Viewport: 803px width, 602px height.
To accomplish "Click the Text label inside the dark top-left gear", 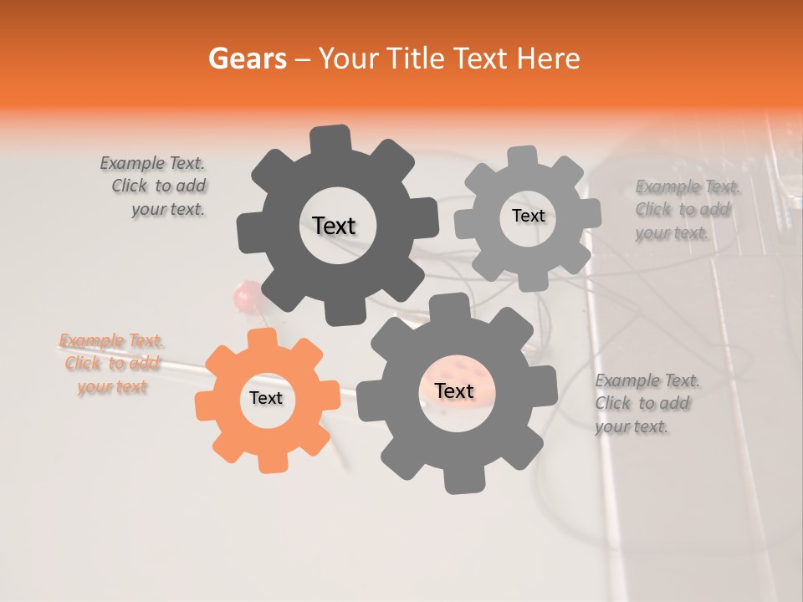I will tap(334, 226).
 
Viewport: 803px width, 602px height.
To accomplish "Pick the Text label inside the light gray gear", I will tap(528, 216).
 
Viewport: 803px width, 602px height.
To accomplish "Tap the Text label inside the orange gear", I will tap(266, 398).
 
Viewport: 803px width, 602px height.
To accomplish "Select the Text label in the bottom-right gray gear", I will tap(454, 390).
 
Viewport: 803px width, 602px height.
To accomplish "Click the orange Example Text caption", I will tap(112, 364).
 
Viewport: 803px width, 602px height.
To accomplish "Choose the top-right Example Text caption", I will tap(686, 209).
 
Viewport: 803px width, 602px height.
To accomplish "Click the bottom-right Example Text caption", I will tap(647, 404).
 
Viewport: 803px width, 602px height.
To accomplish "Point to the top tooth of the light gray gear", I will tap(523, 158).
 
